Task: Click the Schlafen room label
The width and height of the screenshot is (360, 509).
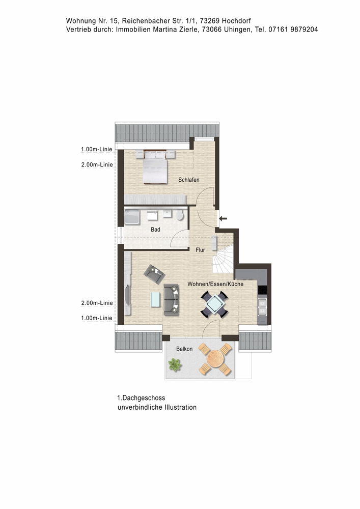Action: (x=188, y=180)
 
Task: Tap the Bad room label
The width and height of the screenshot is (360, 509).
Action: (x=155, y=230)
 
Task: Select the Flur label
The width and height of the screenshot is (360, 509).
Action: (x=200, y=250)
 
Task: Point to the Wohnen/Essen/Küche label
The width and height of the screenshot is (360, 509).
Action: (x=215, y=284)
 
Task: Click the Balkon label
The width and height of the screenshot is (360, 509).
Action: (x=184, y=349)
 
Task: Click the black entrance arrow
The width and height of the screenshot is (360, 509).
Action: (x=223, y=218)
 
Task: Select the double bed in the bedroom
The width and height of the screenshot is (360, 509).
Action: (x=155, y=166)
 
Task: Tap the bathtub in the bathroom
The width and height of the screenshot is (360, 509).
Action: (x=132, y=217)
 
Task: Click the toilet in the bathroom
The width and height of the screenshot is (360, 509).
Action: (x=180, y=215)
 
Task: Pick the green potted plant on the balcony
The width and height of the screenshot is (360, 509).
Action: (x=175, y=364)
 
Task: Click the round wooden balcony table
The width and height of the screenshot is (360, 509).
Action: (x=215, y=359)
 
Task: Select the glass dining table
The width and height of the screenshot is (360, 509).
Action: (x=214, y=304)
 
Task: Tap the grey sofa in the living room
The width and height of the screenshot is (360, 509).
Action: (x=171, y=300)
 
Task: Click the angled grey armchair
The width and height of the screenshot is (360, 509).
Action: (x=154, y=274)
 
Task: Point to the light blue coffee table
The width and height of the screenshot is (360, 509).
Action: (x=155, y=300)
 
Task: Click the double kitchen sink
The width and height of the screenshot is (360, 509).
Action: (x=262, y=307)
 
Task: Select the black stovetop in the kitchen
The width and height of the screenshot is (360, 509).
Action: (x=262, y=290)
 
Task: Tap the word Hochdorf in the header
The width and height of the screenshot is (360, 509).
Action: (x=236, y=21)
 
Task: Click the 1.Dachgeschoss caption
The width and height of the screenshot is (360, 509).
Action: (x=141, y=398)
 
